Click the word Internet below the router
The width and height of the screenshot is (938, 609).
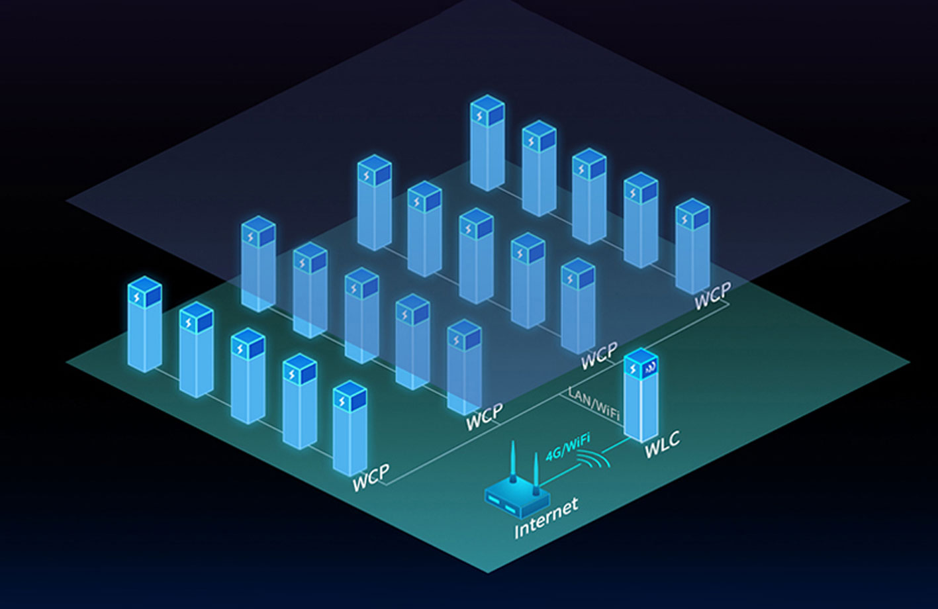(x=546, y=518)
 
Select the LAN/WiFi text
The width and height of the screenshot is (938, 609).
(x=594, y=403)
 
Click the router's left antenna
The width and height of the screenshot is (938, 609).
(x=512, y=463)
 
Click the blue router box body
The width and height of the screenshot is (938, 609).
(x=516, y=500)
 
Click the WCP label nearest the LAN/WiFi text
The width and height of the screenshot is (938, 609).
(x=598, y=357)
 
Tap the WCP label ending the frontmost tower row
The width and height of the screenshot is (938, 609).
(x=371, y=477)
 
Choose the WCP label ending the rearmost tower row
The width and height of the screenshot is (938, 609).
(x=712, y=294)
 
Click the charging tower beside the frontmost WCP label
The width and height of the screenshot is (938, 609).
(x=350, y=427)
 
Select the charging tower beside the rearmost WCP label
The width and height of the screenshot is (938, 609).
(x=692, y=245)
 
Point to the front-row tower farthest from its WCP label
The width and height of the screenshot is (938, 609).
(x=144, y=324)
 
